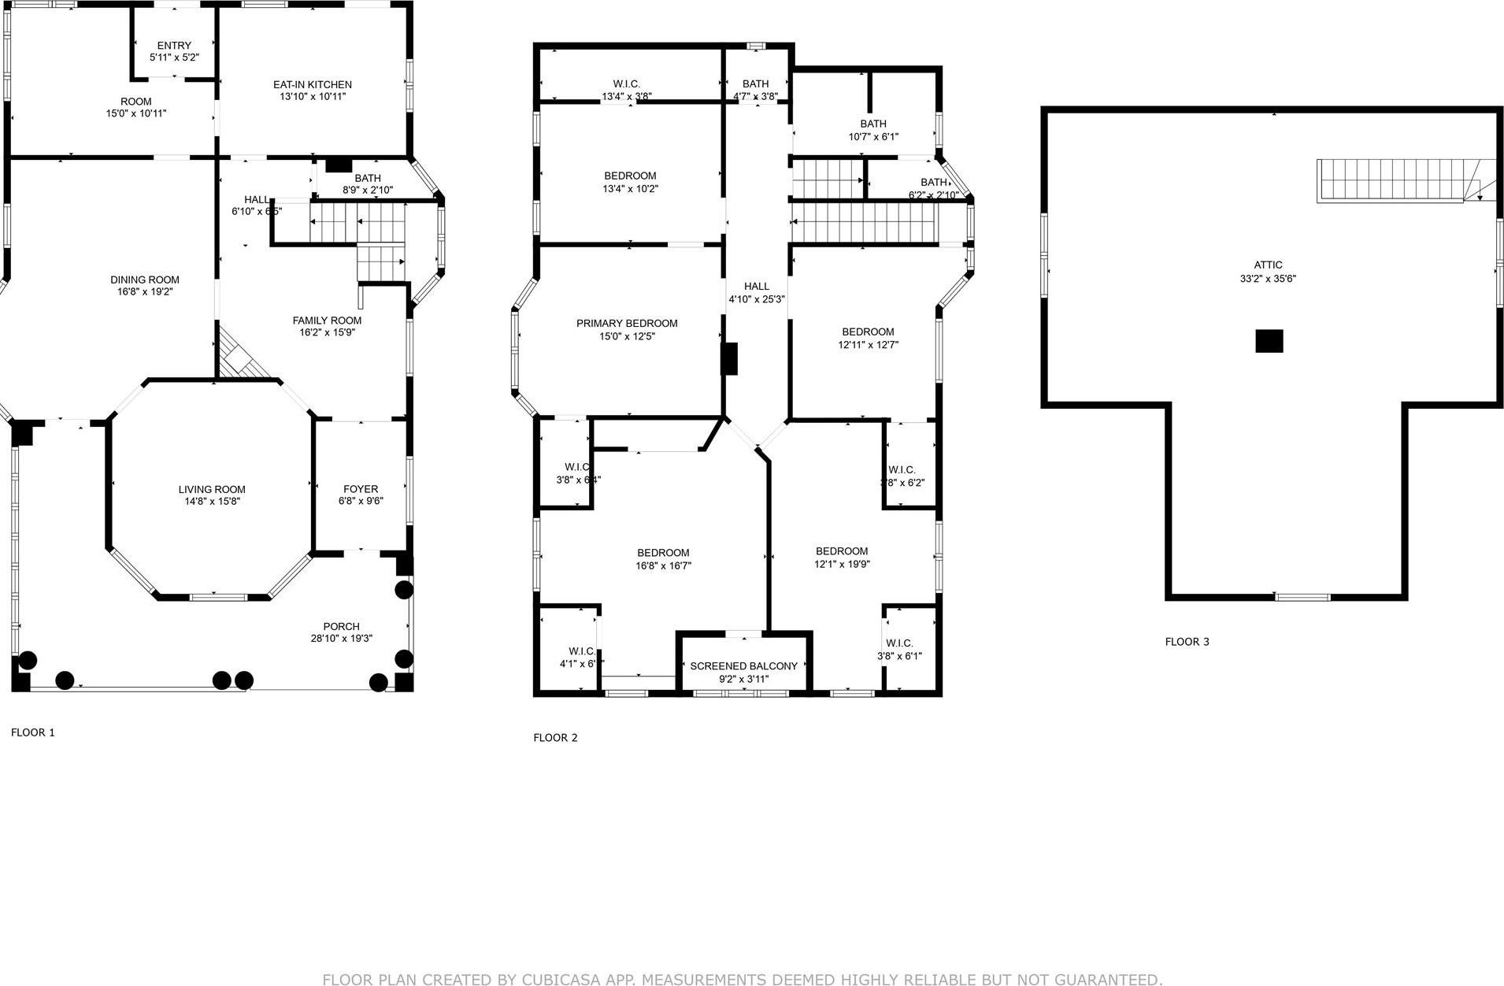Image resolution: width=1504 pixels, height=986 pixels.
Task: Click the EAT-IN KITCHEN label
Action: [312, 84]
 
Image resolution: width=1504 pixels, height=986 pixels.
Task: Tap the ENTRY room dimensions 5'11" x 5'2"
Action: [174, 57]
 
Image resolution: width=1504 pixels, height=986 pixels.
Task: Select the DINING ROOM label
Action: [144, 280]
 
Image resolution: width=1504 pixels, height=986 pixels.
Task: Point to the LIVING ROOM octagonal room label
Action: [211, 489]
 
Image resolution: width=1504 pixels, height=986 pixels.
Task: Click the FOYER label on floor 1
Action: [361, 489]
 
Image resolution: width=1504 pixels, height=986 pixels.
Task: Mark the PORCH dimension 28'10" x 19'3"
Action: [341, 639]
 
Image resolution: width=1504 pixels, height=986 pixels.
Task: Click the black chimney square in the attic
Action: [1269, 341]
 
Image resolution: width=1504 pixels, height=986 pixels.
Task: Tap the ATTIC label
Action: [1268, 265]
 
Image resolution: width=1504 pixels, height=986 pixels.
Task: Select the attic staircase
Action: [1394, 180]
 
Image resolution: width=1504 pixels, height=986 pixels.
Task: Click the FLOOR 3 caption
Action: [1187, 642]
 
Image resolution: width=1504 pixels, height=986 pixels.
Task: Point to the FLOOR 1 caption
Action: [33, 732]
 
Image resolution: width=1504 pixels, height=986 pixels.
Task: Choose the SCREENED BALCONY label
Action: [743, 666]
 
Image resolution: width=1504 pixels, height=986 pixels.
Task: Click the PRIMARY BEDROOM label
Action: [627, 324]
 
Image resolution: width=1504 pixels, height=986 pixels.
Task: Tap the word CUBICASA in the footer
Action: [559, 980]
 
